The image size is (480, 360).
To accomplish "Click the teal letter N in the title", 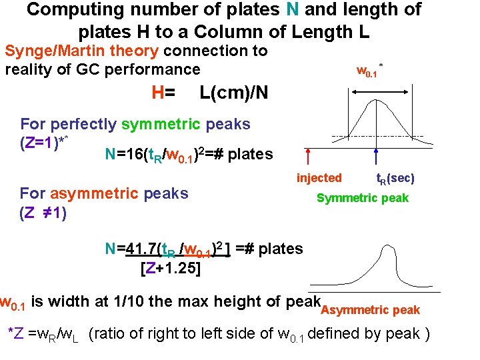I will [x=291, y=9].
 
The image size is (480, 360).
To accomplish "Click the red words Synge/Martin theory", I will [x=81, y=51].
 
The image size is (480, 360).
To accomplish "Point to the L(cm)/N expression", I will [x=234, y=93].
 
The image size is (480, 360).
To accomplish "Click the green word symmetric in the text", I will [x=161, y=124].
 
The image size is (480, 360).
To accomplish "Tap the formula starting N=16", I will [x=189, y=155].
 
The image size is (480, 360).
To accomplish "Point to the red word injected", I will [x=319, y=178].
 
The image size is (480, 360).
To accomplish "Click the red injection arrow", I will [x=308, y=157].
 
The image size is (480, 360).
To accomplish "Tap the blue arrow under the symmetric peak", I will [x=377, y=157].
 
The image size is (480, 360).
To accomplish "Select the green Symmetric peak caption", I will [x=362, y=198].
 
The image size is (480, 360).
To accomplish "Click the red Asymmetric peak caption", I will [x=371, y=309].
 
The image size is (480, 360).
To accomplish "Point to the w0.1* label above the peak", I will [x=369, y=70].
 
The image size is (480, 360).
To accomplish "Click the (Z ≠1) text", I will [x=43, y=215].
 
